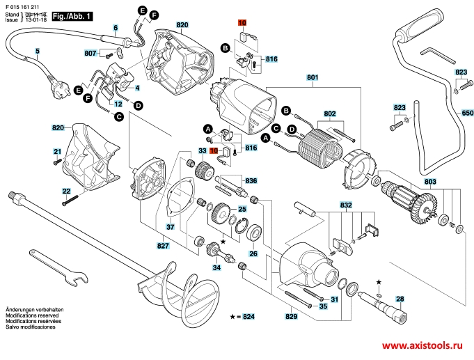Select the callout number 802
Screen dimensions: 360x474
(x=330, y=114)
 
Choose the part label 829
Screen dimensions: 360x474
(x=290, y=315)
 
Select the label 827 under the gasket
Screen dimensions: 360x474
(x=163, y=246)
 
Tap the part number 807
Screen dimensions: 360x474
(x=90, y=53)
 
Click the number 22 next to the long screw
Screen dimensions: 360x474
(x=66, y=191)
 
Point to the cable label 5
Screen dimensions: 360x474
(x=38, y=51)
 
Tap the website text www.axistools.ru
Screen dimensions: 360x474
(x=426, y=345)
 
